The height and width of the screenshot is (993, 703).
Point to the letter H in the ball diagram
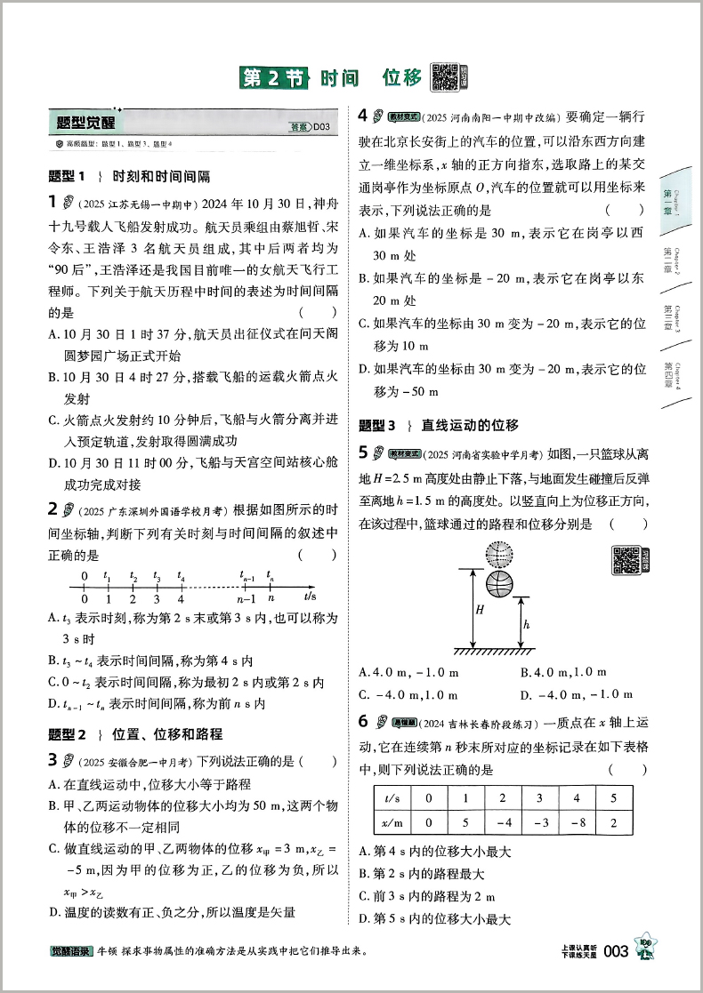click(x=479, y=610)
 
